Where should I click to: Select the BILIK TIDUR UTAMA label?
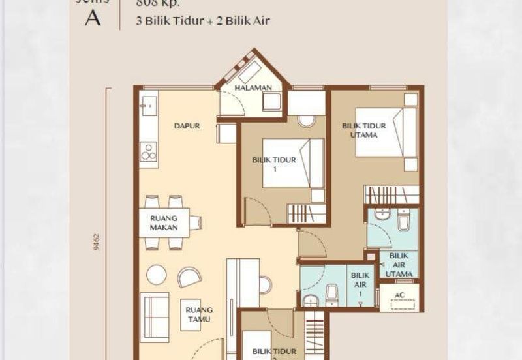tap(364, 130)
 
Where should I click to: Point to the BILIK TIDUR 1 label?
tap(275, 164)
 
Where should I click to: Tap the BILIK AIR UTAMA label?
tap(399, 265)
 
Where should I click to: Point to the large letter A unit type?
tap(93, 18)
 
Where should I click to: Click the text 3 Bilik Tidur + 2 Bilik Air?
tap(202, 20)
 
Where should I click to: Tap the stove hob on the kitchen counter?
tap(149, 151)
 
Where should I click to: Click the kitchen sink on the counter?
tap(148, 105)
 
